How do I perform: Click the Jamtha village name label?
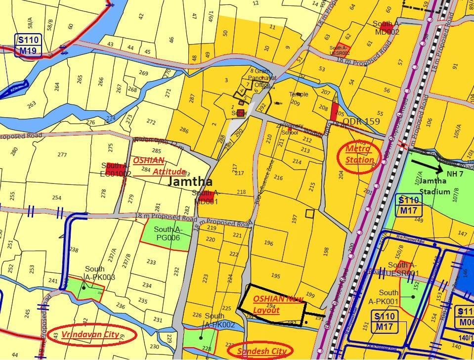coord(190,181)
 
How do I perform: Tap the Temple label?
coord(299,94)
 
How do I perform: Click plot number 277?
coord(62,155)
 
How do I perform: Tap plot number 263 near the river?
coord(32,104)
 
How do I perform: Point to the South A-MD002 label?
coord(386,28)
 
